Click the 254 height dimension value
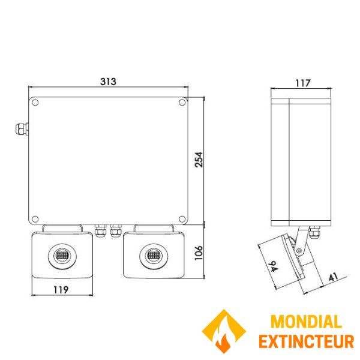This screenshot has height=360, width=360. coord(199,158)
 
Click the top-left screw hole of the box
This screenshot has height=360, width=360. coord(35,103)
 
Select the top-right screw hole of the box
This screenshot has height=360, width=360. coord(182,103)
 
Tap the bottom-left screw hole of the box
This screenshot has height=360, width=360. coord(35,218)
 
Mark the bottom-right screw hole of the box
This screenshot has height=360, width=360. coord(182,218)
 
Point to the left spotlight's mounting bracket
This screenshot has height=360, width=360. coord(62,229)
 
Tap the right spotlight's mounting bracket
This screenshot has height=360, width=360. coord(153,229)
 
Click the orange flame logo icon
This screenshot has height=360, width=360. coord(224,332)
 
